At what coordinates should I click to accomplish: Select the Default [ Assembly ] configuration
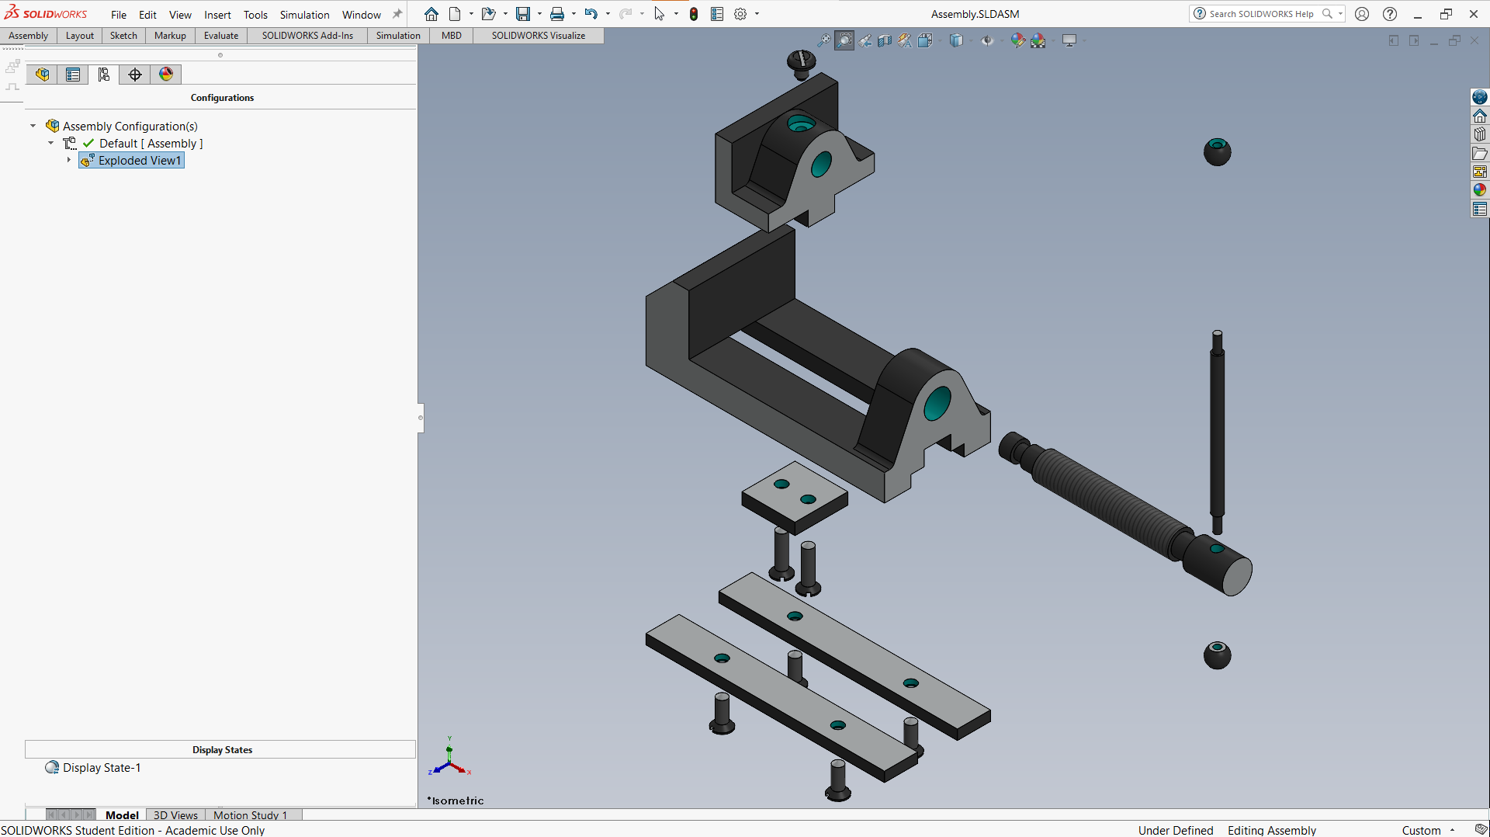151,144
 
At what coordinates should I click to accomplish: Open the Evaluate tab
221,36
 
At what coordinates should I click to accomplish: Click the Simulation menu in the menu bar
304,15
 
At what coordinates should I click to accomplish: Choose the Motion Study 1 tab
250,815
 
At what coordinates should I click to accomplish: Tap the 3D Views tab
175,815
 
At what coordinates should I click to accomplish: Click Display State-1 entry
102,768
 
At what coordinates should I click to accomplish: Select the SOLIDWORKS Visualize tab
539,36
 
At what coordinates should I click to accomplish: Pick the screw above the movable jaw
801,64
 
